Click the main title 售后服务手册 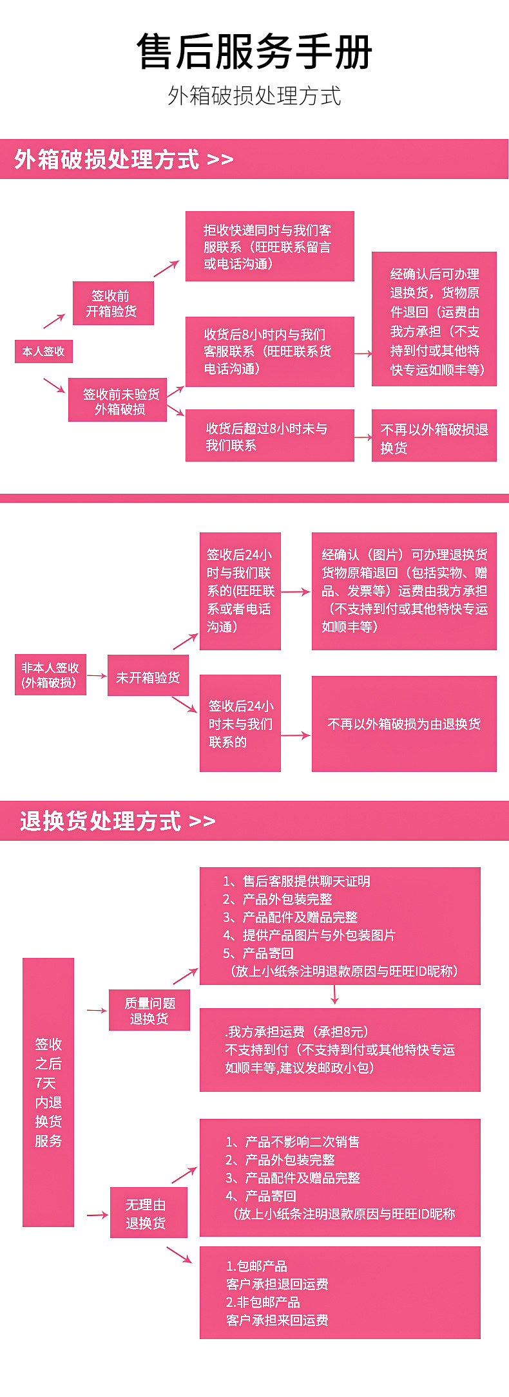254,52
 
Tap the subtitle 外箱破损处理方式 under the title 254,96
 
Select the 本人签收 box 44,352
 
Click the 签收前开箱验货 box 113,303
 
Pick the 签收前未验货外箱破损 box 118,400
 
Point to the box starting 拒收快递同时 269,247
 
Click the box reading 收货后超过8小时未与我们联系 269,436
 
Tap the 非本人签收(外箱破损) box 50,675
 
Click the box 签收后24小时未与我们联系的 240,723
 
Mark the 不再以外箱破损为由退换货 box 404,724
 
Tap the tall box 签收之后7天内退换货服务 48,1092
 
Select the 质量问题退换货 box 149,1010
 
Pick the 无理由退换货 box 148,1214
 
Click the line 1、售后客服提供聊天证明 296,881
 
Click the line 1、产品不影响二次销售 293,1141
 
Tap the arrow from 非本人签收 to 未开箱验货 97,675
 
